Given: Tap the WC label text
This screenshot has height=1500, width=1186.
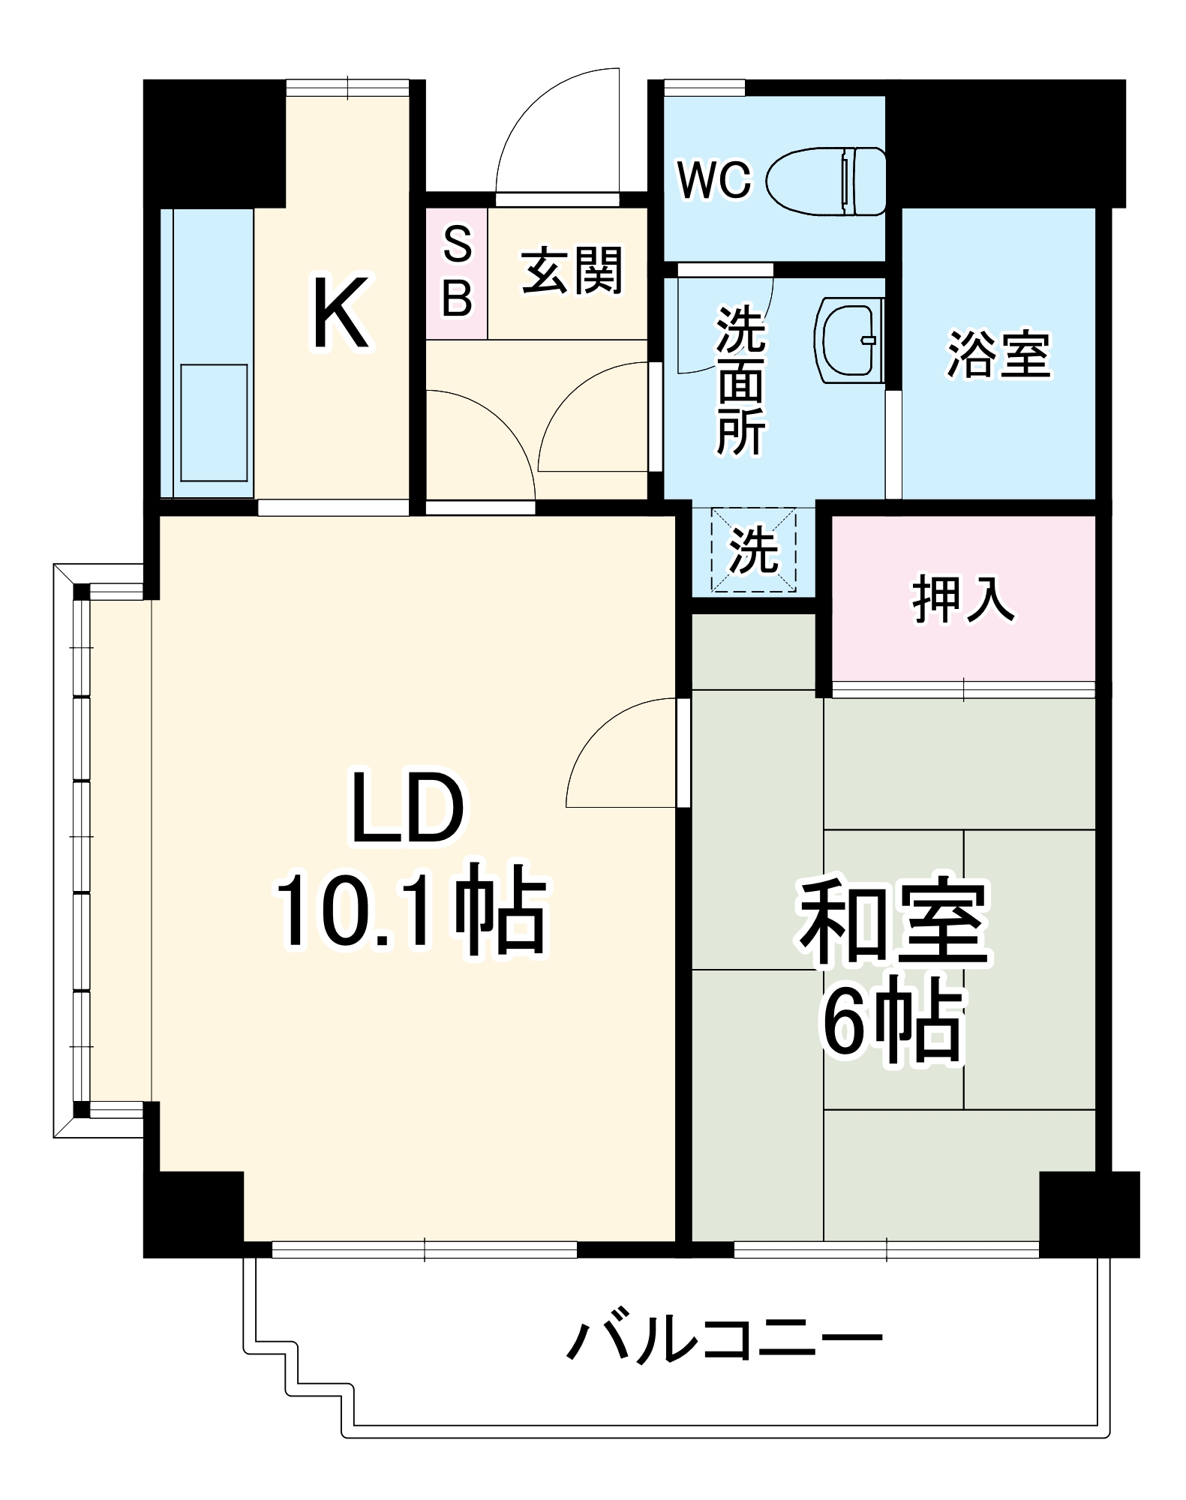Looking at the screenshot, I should (x=713, y=181).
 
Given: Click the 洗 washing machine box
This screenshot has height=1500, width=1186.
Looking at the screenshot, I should (x=753, y=550).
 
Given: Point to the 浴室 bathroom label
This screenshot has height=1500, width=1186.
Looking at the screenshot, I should (x=998, y=353).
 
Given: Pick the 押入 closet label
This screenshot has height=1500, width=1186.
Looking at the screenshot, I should (x=963, y=599).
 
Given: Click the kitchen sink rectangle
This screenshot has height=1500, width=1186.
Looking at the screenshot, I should (x=215, y=422).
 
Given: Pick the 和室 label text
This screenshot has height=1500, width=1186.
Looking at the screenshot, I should (x=895, y=924).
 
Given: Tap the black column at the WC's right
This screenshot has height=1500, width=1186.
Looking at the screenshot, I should (x=1004, y=143).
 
